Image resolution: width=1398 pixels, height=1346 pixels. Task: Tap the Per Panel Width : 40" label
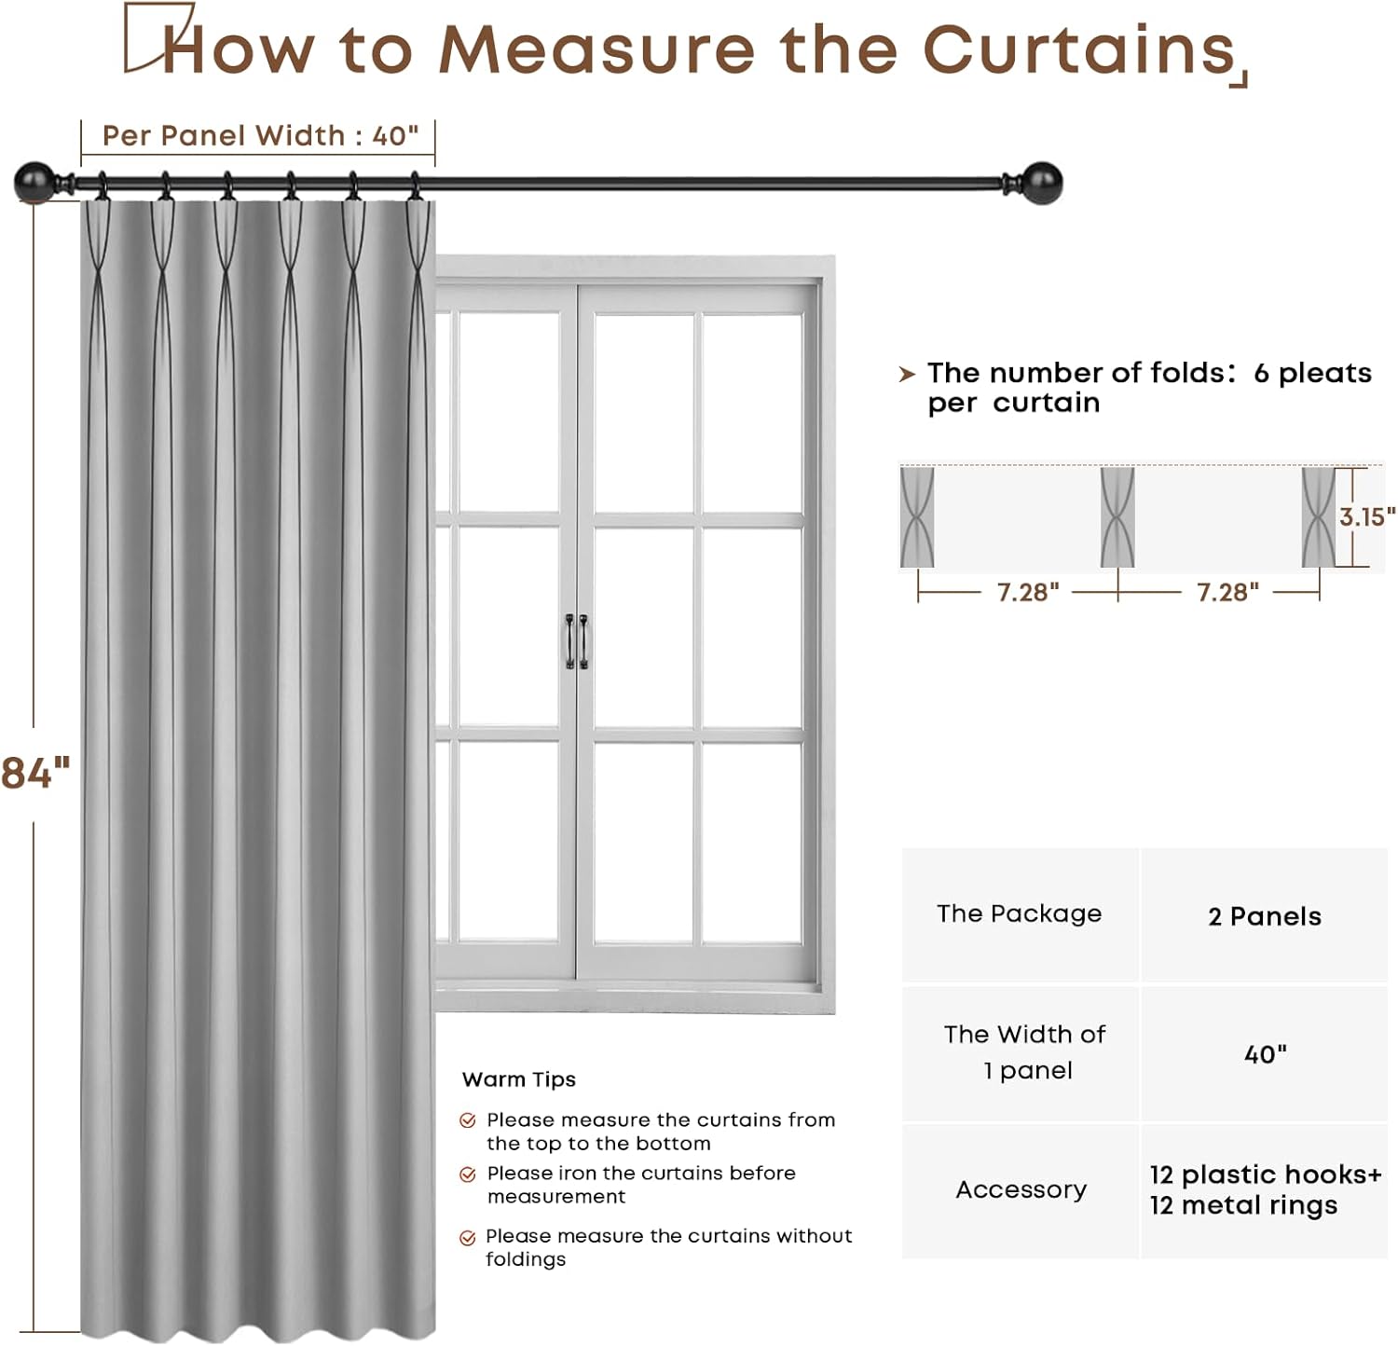tap(260, 136)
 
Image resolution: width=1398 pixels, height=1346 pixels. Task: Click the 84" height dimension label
tap(35, 774)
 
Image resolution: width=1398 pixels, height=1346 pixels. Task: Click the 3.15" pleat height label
tap(1366, 516)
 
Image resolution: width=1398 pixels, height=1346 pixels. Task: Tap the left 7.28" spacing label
tap(1027, 592)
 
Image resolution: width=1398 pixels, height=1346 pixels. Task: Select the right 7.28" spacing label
tap(1227, 592)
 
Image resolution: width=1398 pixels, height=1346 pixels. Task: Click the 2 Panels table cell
tap(1264, 916)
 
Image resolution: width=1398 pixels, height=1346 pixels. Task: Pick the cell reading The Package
tap(1019, 913)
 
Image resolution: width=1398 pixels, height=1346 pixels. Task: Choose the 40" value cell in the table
tap(1265, 1054)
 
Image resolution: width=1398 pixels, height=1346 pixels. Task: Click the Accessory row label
tap(1021, 1189)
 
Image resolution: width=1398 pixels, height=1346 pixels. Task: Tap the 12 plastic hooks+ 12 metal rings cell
tap(1265, 1189)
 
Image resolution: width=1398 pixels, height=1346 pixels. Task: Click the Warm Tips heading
tap(518, 1079)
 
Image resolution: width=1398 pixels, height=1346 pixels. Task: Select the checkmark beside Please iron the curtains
tap(468, 1174)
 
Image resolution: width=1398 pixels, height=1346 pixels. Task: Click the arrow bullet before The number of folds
tap(907, 375)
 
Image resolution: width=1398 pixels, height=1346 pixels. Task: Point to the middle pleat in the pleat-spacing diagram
tap(1117, 517)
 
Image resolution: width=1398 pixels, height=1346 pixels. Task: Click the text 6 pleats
tap(1312, 373)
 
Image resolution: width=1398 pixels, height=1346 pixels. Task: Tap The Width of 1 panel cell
tap(1024, 1052)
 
